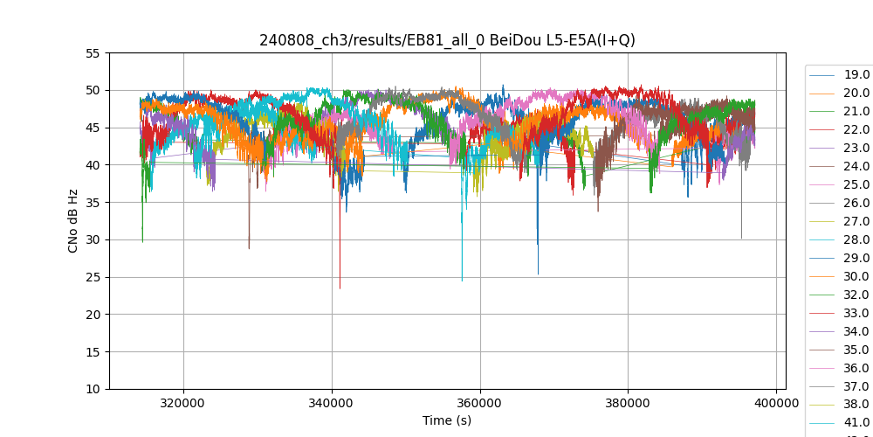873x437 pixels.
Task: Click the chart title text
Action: (447, 40)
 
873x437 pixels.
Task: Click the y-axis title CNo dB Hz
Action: (73, 220)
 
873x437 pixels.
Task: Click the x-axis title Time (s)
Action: (447, 420)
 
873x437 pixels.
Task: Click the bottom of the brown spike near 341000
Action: (340, 288)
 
